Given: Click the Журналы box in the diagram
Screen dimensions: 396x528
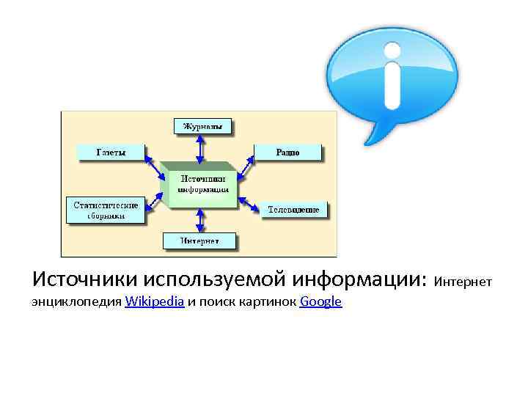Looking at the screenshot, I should pyautogui.click(x=202, y=125).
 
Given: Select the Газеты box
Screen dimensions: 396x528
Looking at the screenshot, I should pyautogui.click(x=111, y=153).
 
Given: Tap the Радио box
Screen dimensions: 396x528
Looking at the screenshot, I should pyautogui.click(x=287, y=153).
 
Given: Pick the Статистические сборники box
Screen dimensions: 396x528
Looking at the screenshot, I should pyautogui.click(x=104, y=209).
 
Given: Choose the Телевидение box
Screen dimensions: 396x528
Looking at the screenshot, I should pyautogui.click(x=293, y=210).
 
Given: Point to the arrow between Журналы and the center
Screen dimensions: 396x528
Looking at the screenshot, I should pyautogui.click(x=199, y=149).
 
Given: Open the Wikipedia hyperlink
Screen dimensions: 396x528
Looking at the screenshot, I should pyautogui.click(x=154, y=301).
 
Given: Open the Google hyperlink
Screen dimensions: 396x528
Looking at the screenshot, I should pyautogui.click(x=320, y=301).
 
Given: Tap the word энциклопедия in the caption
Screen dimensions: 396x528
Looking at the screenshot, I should pyautogui.click(x=77, y=301).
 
